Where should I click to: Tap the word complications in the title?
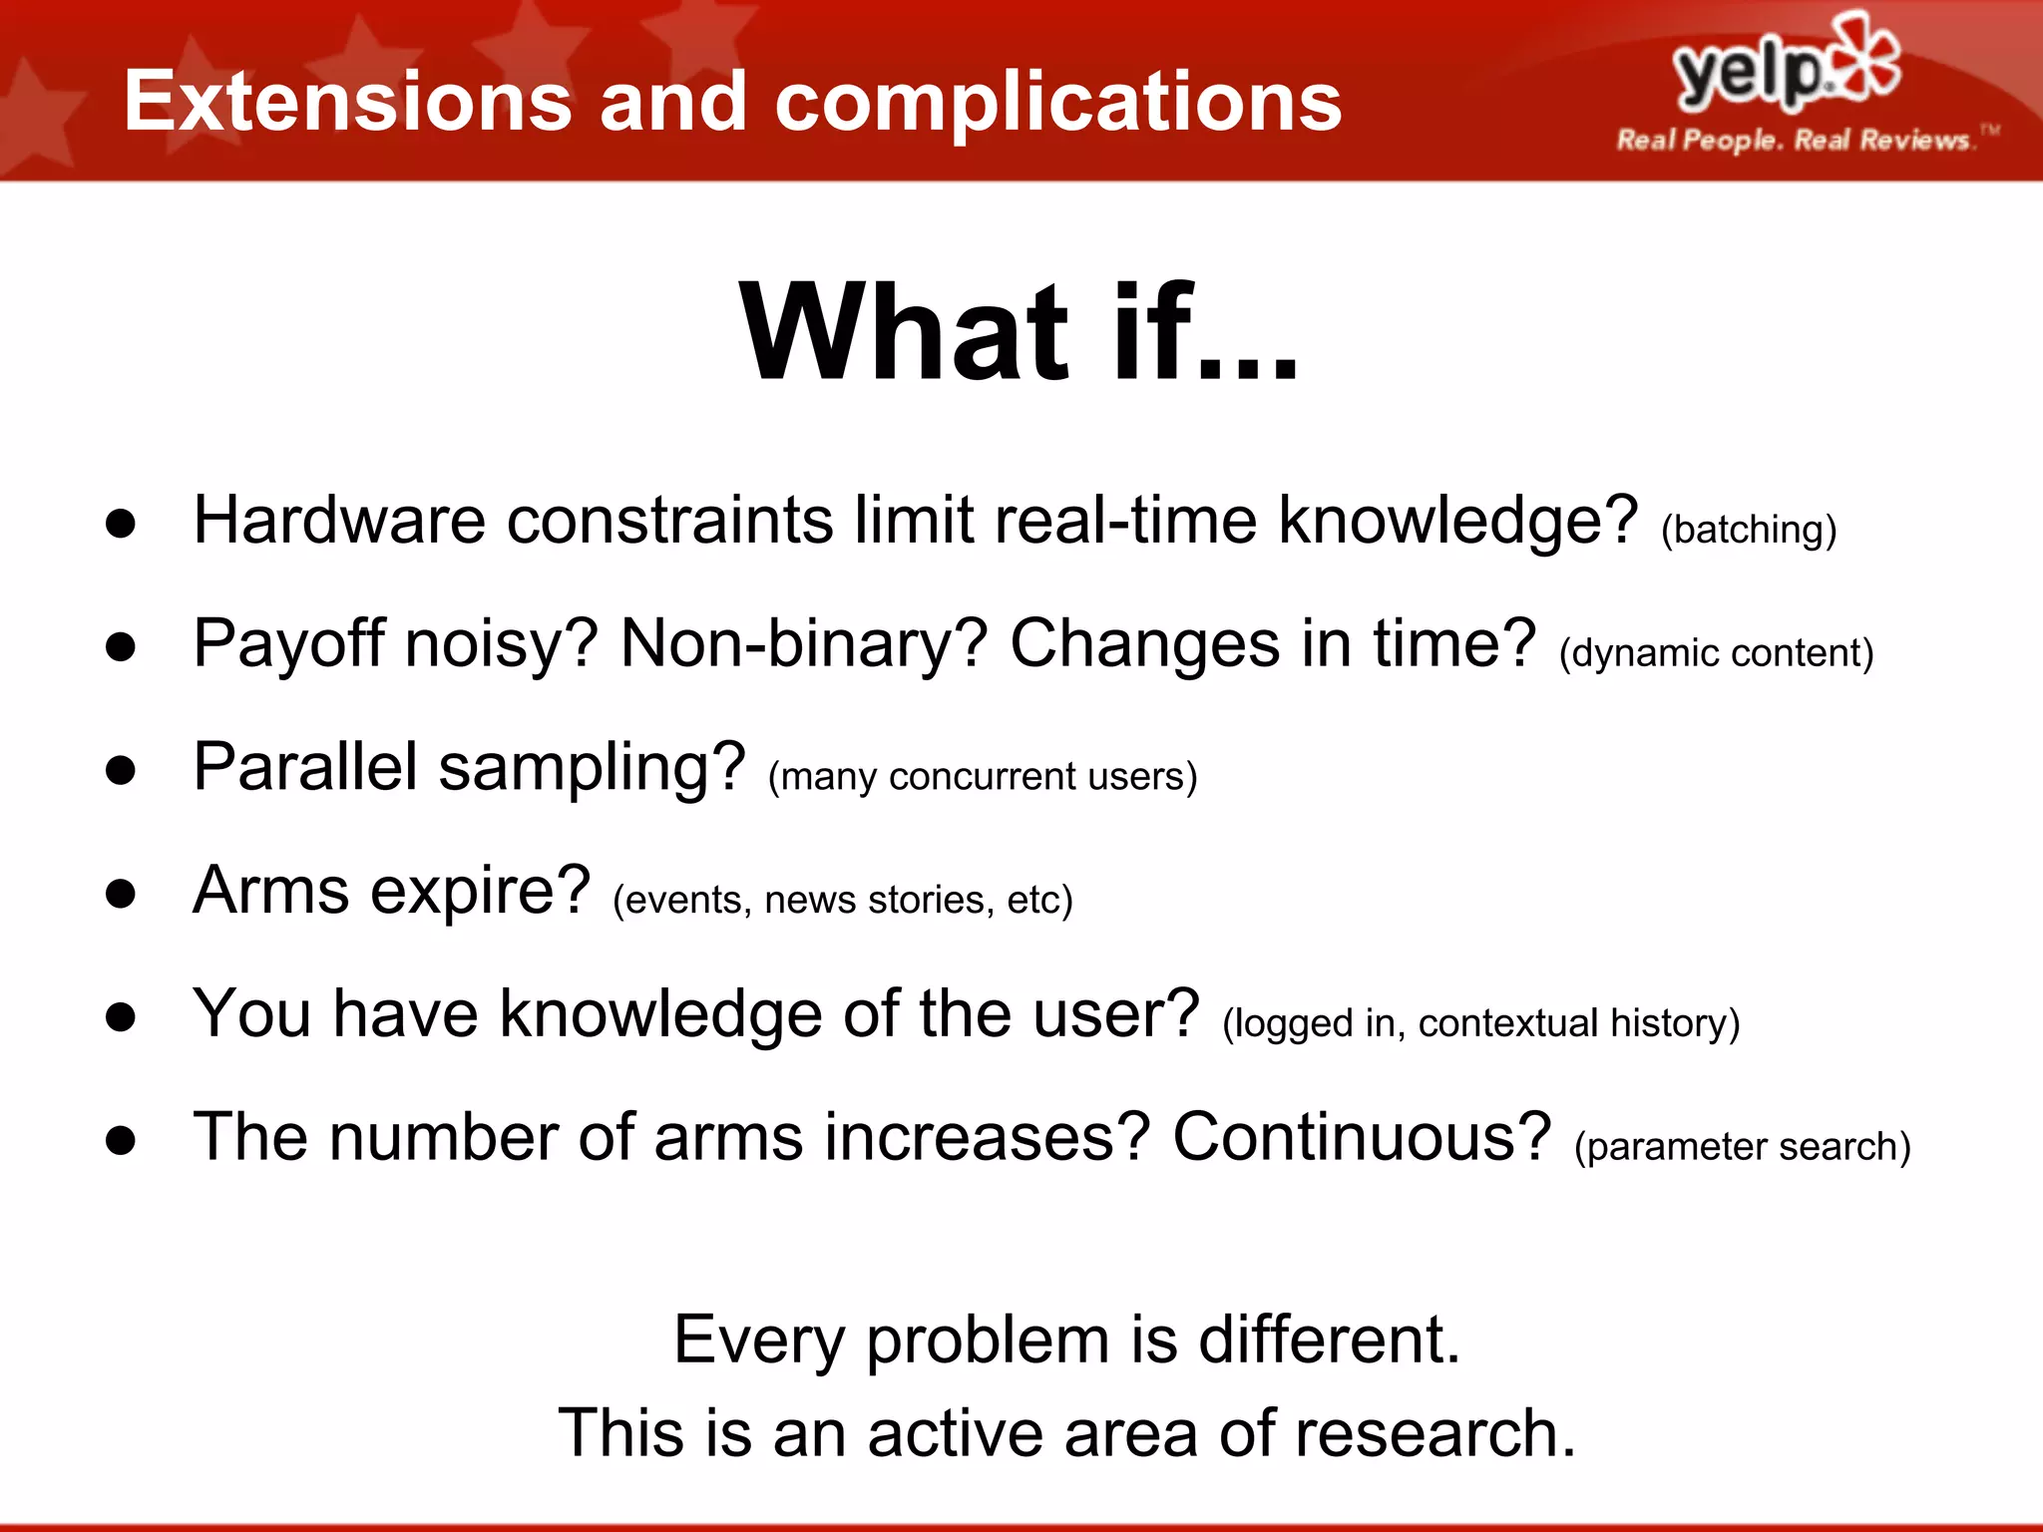coord(1057,102)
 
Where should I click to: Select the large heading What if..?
coord(1018,333)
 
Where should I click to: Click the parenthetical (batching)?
coord(1748,529)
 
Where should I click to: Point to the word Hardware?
coord(338,520)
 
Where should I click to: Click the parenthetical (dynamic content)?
coord(1716,653)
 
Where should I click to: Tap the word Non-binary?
coord(803,643)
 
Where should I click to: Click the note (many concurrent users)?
coord(982,776)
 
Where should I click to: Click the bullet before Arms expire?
coord(121,893)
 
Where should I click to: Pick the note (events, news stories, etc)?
coord(842,900)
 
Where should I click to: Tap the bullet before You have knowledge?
coord(121,1016)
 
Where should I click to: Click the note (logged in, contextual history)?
coord(1480,1023)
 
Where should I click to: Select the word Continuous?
coord(1362,1137)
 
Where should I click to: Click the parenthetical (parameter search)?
coord(1742,1147)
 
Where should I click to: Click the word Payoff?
coord(288,643)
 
